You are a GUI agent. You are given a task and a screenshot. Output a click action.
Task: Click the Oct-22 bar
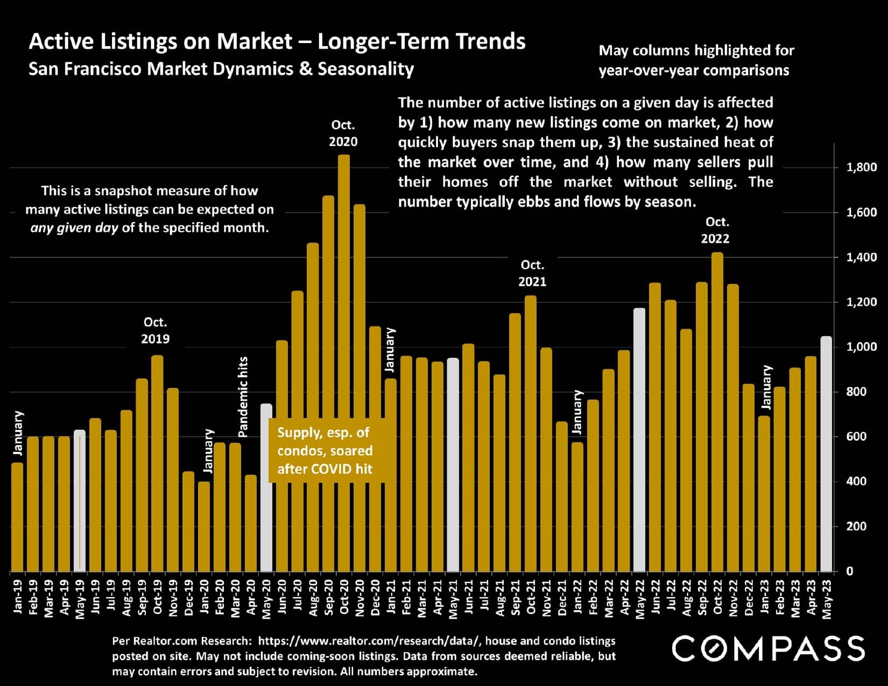(x=717, y=412)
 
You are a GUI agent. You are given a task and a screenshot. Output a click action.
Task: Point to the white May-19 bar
(x=80, y=500)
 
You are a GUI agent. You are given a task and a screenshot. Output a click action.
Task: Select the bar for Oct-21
(x=531, y=433)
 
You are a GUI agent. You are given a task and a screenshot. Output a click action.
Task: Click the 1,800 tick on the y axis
(x=862, y=167)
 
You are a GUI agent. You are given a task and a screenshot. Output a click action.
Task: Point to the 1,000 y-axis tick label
(x=862, y=347)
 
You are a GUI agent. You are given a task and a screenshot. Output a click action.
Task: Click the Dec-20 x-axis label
(x=376, y=597)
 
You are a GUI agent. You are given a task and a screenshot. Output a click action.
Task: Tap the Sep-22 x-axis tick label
(x=702, y=597)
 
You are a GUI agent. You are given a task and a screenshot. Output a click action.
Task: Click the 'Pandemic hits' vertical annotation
(x=243, y=397)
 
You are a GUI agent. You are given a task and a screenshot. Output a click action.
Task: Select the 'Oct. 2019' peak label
(x=155, y=330)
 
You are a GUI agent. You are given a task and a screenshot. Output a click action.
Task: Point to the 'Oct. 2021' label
(x=532, y=273)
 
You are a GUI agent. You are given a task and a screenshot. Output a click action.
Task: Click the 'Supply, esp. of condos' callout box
(x=325, y=450)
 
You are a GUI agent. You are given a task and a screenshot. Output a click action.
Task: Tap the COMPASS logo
(x=769, y=648)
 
